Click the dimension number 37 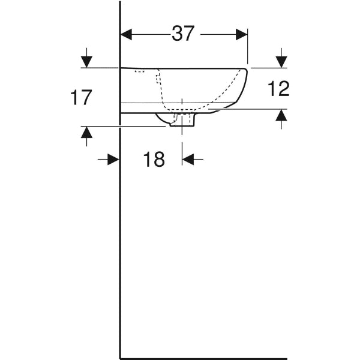point(183,34)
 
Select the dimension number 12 point(277,89)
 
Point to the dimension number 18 point(154,160)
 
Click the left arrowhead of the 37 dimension point(126,34)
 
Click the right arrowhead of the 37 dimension point(242,34)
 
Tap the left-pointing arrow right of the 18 point(188,159)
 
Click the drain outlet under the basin point(182,120)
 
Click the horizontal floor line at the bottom point(204,358)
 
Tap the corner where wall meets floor point(121,358)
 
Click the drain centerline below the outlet point(182,141)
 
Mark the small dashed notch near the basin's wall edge point(140,71)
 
